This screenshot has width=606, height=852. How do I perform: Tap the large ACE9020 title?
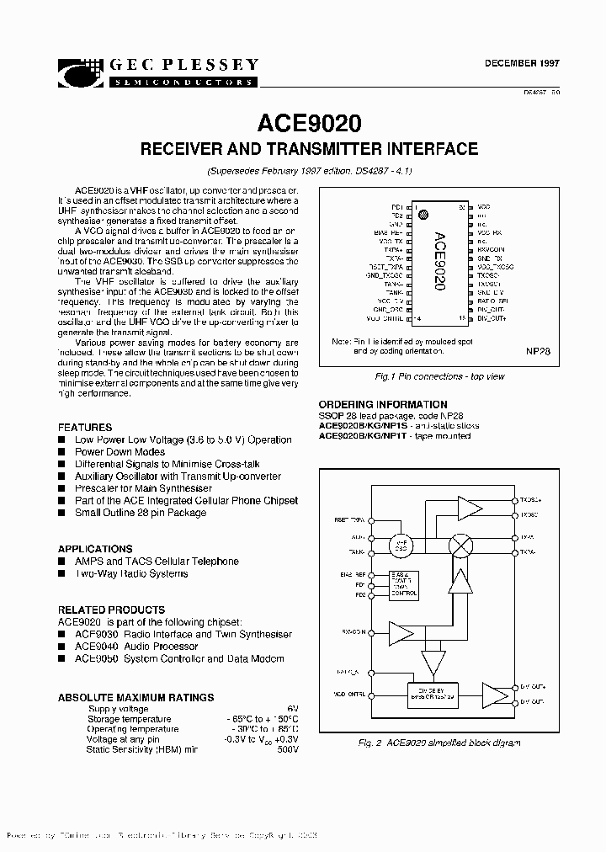tap(303, 123)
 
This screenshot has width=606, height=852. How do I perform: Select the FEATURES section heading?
tap(85, 428)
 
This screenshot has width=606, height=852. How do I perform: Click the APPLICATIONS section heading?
tap(95, 548)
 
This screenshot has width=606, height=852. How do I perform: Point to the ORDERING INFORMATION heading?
tap(383, 405)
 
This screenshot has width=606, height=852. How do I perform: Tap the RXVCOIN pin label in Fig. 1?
tap(492, 250)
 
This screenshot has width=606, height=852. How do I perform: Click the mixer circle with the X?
tap(460, 545)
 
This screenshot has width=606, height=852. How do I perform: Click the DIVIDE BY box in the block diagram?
tap(432, 693)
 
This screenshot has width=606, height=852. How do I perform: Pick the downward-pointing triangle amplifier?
tap(433, 663)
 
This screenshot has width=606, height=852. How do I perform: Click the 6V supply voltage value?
tap(292, 709)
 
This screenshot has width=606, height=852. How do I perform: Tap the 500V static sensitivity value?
tap(286, 749)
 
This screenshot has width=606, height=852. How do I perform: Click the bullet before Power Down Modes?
tap(61, 452)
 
